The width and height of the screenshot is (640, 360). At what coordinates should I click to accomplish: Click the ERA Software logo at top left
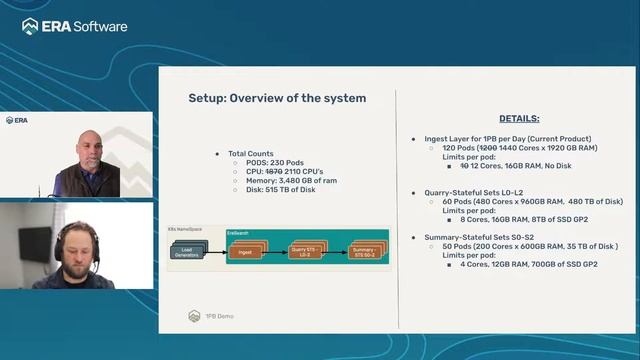75,25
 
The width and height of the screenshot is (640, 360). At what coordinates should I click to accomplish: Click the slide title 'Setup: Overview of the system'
277,98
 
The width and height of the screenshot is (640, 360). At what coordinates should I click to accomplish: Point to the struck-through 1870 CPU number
273,171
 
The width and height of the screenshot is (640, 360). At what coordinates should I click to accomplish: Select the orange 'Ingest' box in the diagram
245,252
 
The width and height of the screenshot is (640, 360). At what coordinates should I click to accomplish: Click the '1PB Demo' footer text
219,315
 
